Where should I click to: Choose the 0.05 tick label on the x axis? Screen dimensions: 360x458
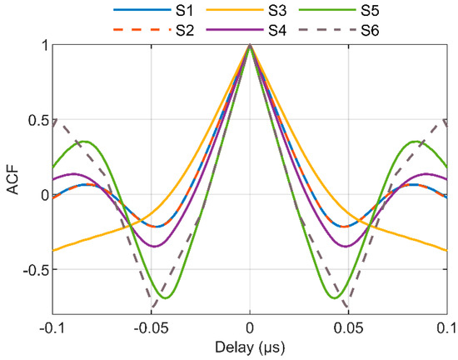click(x=350, y=326)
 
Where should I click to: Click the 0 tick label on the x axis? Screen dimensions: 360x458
click(x=250, y=326)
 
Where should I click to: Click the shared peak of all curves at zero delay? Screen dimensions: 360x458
click(x=250, y=46)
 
